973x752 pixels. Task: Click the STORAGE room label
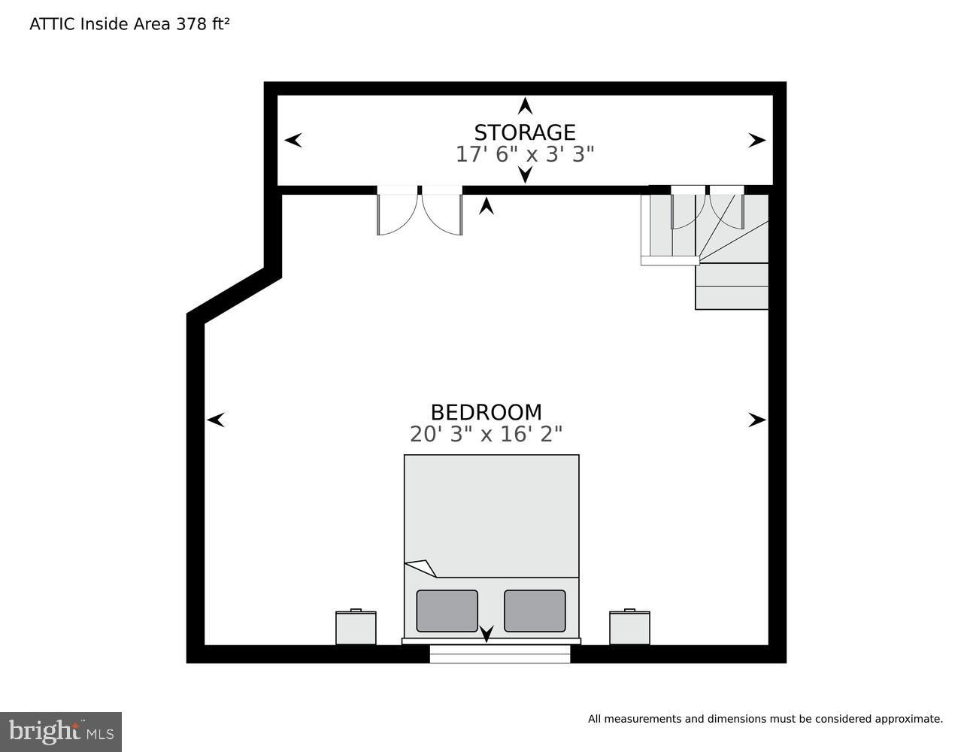pyautogui.click(x=524, y=132)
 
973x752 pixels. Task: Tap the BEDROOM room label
pyautogui.click(x=486, y=412)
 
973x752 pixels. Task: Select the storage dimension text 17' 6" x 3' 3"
pyautogui.click(x=524, y=154)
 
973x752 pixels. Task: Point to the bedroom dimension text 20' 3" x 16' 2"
pyautogui.click(x=486, y=434)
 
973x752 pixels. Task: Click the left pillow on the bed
pyautogui.click(x=447, y=611)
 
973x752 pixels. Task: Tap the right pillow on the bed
pyautogui.click(x=535, y=611)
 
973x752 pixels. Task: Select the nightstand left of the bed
pyautogui.click(x=356, y=626)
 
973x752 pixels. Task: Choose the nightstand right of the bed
pyautogui.click(x=629, y=626)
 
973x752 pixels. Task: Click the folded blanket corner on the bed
pyautogui.click(x=422, y=568)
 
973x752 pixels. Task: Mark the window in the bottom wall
pyautogui.click(x=500, y=653)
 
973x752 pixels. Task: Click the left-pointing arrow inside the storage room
pyautogui.click(x=293, y=140)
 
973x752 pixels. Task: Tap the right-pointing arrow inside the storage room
pyautogui.click(x=757, y=140)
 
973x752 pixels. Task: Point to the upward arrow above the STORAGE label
pyautogui.click(x=526, y=106)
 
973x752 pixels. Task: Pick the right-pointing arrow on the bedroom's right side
pyautogui.click(x=757, y=420)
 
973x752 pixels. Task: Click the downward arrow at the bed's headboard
pyautogui.click(x=486, y=634)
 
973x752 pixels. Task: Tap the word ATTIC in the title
pyautogui.click(x=52, y=24)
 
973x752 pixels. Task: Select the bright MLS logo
pyautogui.click(x=61, y=732)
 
